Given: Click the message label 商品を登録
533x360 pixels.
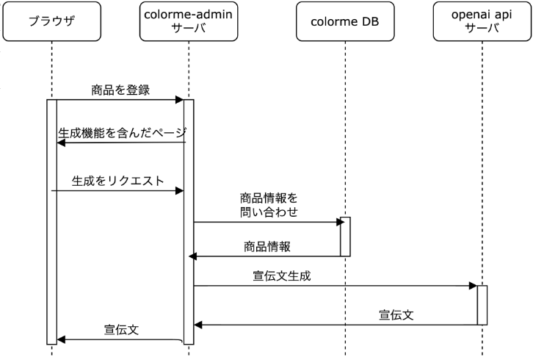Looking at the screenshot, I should tap(120, 90).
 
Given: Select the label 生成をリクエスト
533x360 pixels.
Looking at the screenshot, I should tap(117, 179).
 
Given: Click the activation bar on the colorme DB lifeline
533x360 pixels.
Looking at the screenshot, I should tap(345, 236).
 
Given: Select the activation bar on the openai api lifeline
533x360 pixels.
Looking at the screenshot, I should tap(482, 305).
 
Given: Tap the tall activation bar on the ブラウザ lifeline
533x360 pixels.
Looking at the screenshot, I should tap(52, 220).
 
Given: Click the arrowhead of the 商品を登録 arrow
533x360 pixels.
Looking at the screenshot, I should tap(179, 100).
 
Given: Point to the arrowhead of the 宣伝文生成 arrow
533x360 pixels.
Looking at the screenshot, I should tap(474, 287).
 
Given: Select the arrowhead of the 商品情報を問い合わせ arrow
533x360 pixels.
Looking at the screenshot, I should tap(336, 221).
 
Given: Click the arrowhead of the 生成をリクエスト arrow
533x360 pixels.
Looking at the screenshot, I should tap(179, 191).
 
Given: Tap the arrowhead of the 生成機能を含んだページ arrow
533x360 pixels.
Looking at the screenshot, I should tap(62, 143).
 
